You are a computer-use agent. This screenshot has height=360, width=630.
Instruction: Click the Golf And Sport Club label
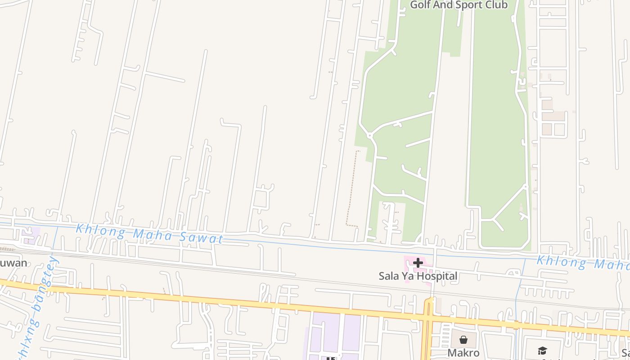click(x=459, y=5)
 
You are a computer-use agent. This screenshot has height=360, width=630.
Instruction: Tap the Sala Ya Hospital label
click(x=418, y=276)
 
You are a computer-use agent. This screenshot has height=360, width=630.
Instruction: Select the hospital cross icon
click(x=418, y=263)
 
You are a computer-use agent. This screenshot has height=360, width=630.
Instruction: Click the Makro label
click(x=463, y=352)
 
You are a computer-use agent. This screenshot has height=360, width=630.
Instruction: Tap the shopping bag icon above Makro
click(x=463, y=340)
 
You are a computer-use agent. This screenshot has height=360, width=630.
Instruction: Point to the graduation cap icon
click(x=542, y=351)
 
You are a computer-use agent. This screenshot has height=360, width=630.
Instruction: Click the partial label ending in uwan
click(x=13, y=263)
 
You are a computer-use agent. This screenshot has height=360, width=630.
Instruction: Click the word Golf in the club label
click(x=420, y=5)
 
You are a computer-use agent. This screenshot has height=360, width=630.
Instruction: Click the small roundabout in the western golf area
click(x=369, y=135)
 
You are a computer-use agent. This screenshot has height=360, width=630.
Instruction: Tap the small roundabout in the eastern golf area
click(x=525, y=185)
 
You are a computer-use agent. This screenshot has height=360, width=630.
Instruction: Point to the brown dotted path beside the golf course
click(x=351, y=189)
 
